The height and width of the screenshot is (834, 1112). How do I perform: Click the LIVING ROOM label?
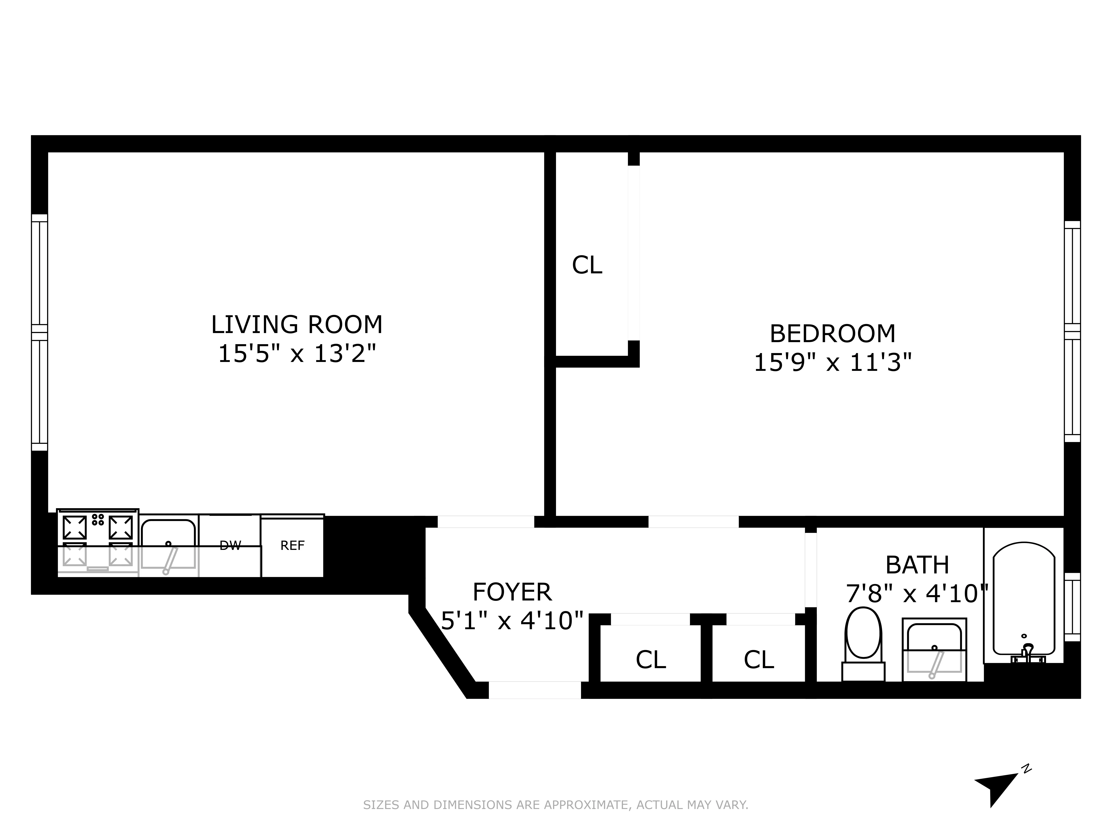pos(297,325)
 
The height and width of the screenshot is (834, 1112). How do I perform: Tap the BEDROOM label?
pos(833,334)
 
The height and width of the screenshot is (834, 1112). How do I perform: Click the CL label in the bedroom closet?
pos(587,265)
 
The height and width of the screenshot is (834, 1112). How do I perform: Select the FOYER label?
pos(512,592)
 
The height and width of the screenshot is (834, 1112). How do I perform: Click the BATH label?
pos(917,565)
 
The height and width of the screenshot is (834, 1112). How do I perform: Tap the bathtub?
pos(1024,601)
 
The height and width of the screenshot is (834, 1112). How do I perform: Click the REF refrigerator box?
pos(292,546)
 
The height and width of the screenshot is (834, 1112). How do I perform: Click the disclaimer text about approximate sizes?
pos(555,805)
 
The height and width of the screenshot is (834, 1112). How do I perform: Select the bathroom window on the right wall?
pos(1072,607)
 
